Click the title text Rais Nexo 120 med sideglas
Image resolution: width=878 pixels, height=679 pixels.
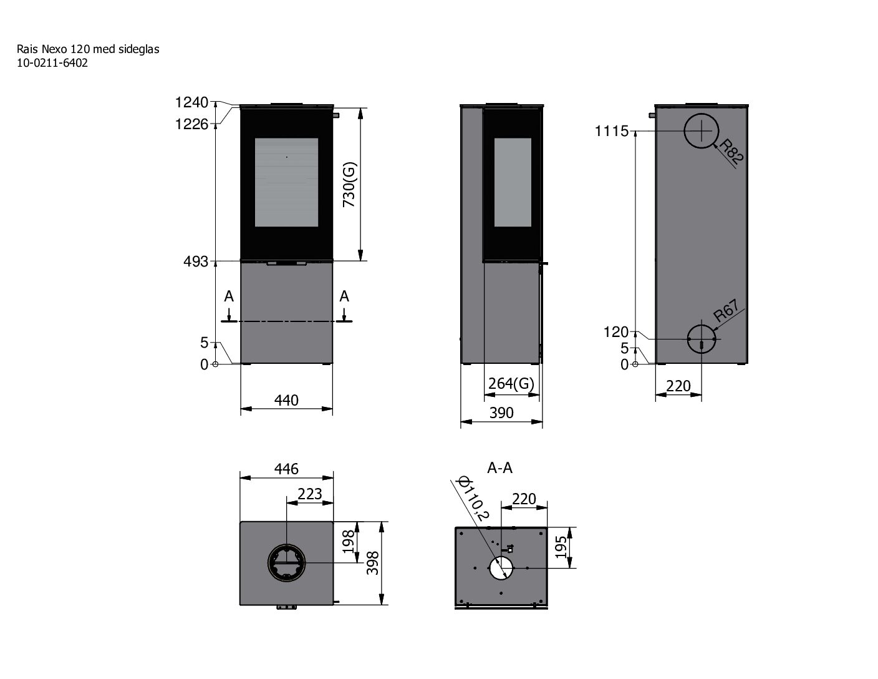pyautogui.click(x=88, y=49)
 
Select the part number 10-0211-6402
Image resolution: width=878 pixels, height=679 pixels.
pyautogui.click(x=52, y=63)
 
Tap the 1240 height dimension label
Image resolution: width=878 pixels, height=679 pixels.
pyautogui.click(x=191, y=102)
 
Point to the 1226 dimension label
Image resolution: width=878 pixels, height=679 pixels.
pyautogui.click(x=191, y=124)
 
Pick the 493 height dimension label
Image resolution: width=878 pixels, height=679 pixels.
pyautogui.click(x=196, y=262)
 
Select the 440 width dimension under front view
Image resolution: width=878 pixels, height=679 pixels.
pyautogui.click(x=286, y=399)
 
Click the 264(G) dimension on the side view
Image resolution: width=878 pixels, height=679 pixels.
pyautogui.click(x=511, y=383)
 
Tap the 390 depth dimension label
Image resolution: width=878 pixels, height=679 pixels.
pyautogui.click(x=501, y=413)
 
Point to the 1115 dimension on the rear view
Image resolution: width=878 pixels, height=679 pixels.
pyautogui.click(x=612, y=132)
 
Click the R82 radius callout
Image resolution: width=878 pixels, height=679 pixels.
pyautogui.click(x=731, y=152)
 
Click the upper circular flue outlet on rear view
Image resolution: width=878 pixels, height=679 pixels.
pyautogui.click(x=702, y=131)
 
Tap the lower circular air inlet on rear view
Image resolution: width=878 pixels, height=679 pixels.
pyautogui.click(x=703, y=339)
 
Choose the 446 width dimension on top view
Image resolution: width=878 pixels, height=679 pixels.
pyautogui.click(x=286, y=468)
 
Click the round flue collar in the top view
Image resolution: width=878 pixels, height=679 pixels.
pyautogui.click(x=287, y=562)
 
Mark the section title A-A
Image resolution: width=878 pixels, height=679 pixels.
pyautogui.click(x=500, y=468)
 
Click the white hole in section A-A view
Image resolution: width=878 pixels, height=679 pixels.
pyautogui.click(x=501, y=568)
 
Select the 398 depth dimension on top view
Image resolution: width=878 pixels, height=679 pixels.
pyautogui.click(x=372, y=563)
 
